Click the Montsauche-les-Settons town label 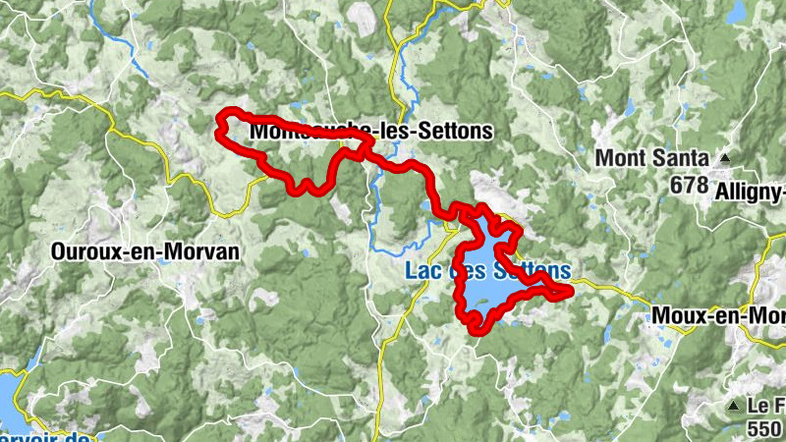[370, 131]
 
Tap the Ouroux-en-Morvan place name [144, 251]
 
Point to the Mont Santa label [652, 157]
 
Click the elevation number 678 [690, 183]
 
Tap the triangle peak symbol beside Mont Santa [725, 157]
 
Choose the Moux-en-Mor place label [717, 316]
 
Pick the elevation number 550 [763, 428]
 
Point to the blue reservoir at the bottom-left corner [8, 393]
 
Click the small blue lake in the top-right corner [736, 12]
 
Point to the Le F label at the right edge [763, 406]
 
